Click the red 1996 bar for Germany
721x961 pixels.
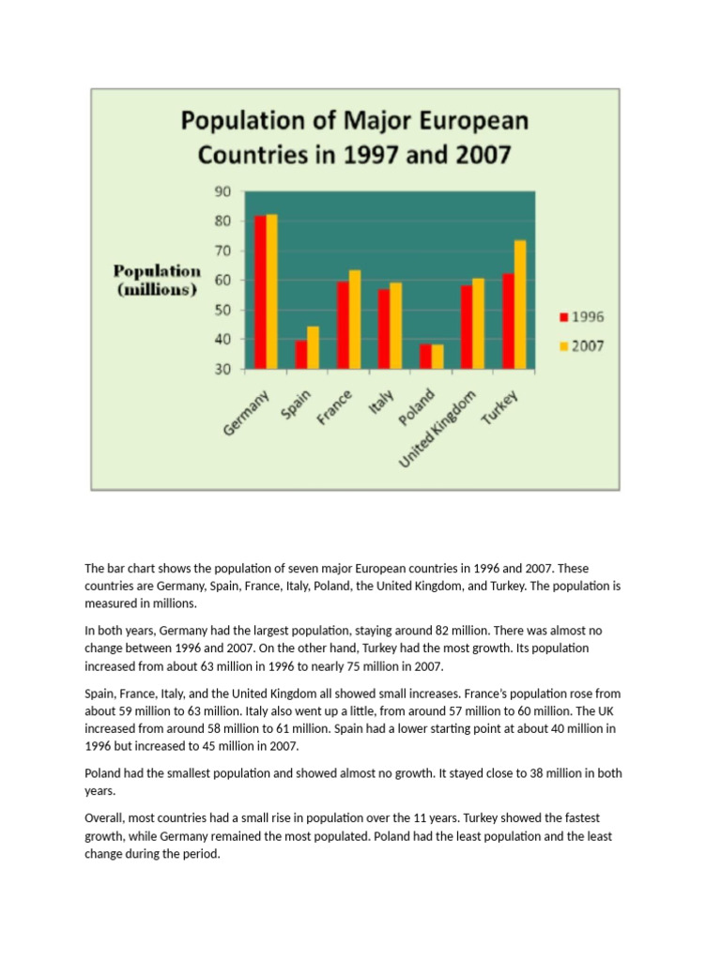coord(260,292)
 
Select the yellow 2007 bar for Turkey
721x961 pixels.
coord(519,304)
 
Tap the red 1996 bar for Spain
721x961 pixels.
coord(301,355)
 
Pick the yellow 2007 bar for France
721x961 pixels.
coord(354,319)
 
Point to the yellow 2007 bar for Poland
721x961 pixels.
coord(437,357)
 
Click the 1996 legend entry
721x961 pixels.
coord(581,316)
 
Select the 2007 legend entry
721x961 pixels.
coord(581,345)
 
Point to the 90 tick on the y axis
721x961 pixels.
coord(222,191)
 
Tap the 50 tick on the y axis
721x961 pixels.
coord(222,310)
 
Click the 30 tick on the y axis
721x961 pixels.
coord(222,369)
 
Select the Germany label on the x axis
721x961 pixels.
coord(246,413)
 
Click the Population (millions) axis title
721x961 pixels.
coord(156,281)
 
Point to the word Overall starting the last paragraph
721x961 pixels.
coord(108,817)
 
